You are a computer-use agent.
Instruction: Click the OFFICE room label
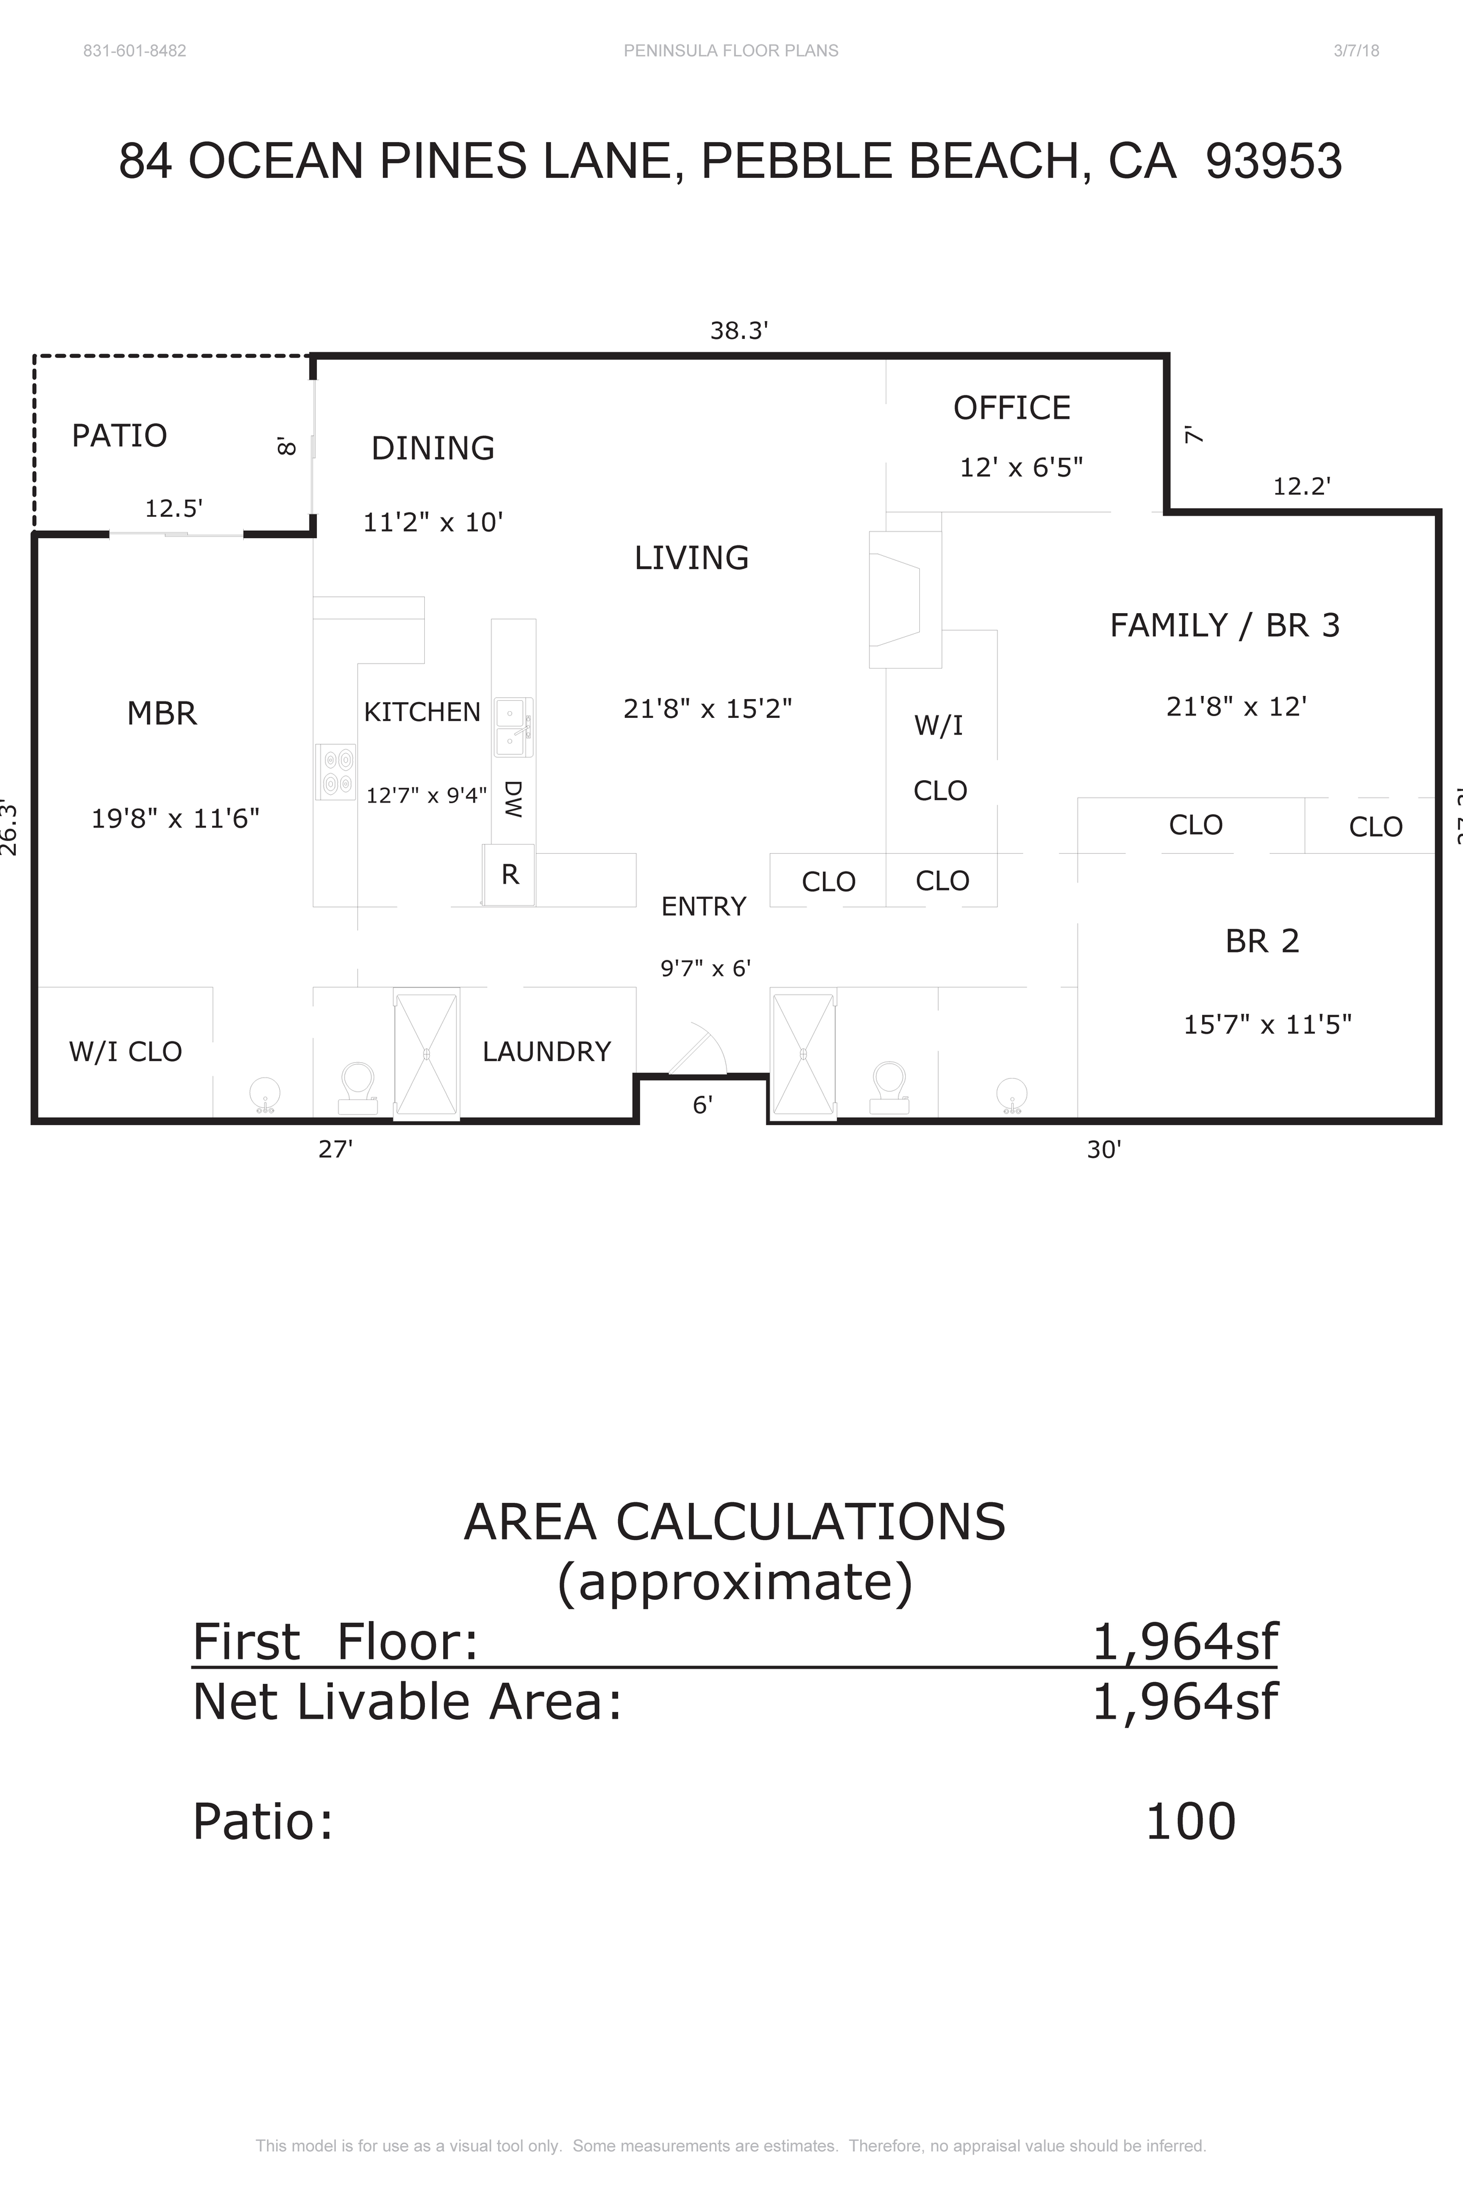pos(1011,408)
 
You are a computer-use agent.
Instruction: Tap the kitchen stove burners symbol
pos(336,772)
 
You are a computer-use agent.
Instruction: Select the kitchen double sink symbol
pos(512,728)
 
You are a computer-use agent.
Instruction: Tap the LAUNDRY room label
pos(546,1051)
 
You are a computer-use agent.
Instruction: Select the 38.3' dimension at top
pos(738,331)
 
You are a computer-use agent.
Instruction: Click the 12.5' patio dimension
pos(174,508)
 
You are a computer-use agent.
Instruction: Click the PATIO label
pos(119,436)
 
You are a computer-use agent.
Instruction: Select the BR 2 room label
pos(1261,941)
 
